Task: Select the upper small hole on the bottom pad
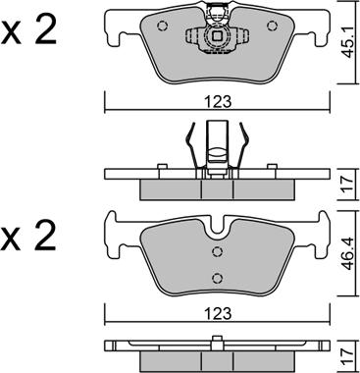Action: tap(217, 250)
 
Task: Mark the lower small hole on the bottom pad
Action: tap(217, 274)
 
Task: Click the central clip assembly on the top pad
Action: tap(217, 36)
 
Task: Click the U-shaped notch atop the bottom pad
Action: tap(217, 229)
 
